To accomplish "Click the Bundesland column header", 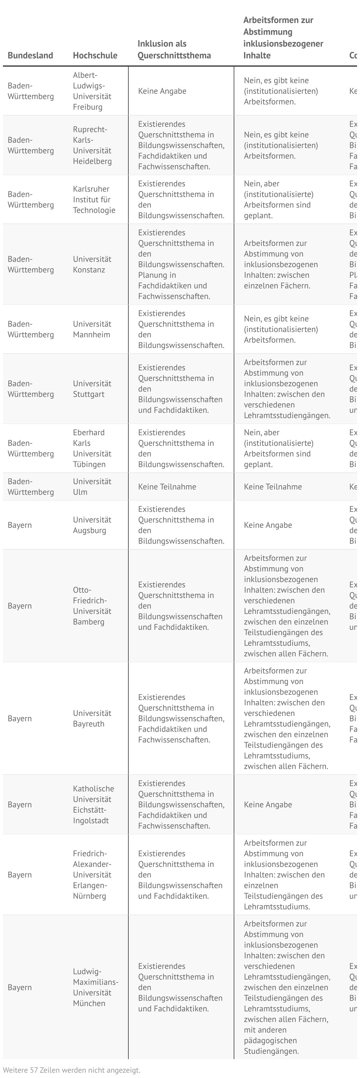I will [x=30, y=55].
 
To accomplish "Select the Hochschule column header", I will [x=95, y=55].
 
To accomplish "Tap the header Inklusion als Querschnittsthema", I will [x=174, y=49].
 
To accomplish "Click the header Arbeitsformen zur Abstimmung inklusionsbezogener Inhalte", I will [x=283, y=38].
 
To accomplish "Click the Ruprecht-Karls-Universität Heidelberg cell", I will [x=92, y=145].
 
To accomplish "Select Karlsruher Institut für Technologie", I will [x=94, y=199].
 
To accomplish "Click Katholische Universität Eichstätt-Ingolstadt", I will [x=93, y=804].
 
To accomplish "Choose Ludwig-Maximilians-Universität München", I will [x=95, y=987].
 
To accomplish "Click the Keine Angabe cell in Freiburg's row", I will [x=162, y=91].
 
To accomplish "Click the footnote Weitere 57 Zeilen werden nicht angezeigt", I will [x=72, y=1070].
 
